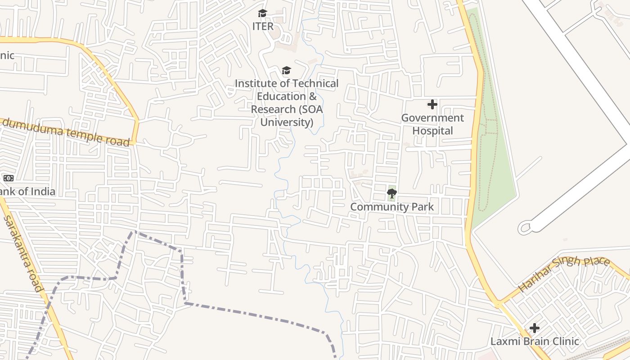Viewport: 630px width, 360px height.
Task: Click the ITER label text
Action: pyautogui.click(x=263, y=26)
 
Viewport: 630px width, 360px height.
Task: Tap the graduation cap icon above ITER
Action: pyautogui.click(x=263, y=13)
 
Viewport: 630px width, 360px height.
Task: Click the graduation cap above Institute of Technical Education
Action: pyautogui.click(x=286, y=70)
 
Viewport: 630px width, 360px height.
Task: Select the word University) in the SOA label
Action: pyautogui.click(x=287, y=122)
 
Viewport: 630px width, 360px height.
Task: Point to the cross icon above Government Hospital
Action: pyautogui.click(x=432, y=105)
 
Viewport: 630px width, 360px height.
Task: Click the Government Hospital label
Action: pyautogui.click(x=432, y=124)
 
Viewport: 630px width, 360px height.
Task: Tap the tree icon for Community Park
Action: pyautogui.click(x=392, y=194)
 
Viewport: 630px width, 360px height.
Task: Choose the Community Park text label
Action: pyautogui.click(x=392, y=207)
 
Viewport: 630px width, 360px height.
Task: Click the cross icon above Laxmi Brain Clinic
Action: pyautogui.click(x=535, y=328)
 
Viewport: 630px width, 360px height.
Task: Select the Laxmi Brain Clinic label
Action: pyautogui.click(x=535, y=341)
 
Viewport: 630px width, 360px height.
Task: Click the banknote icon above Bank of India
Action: pyautogui.click(x=9, y=178)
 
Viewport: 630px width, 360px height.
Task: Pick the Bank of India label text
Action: pyautogui.click(x=27, y=192)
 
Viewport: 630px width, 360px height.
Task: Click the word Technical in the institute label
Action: pyautogui.click(x=315, y=84)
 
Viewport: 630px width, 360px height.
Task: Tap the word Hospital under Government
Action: pyautogui.click(x=433, y=131)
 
